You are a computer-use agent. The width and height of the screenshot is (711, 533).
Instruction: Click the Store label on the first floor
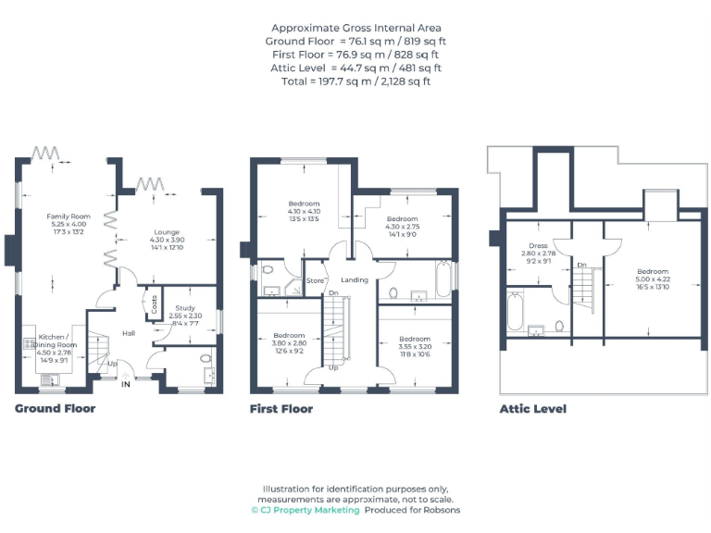point(316,279)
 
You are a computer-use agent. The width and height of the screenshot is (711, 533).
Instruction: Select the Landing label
point(355,279)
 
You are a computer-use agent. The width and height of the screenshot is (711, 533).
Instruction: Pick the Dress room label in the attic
point(538,246)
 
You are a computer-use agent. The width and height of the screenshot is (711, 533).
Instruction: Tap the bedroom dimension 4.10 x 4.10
point(304,212)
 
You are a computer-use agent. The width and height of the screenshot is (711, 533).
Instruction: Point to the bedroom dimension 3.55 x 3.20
point(414,347)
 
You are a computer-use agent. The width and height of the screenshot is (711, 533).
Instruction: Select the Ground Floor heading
point(55,408)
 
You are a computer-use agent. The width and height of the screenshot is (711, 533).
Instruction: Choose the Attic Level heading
point(532,408)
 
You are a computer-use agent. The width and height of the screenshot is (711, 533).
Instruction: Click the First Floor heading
point(281,408)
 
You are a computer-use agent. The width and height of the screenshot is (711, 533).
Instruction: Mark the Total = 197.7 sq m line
point(355,81)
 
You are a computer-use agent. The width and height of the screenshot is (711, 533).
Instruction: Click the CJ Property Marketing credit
point(305,510)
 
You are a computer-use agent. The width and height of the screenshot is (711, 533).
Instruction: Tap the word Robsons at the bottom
point(440,510)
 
